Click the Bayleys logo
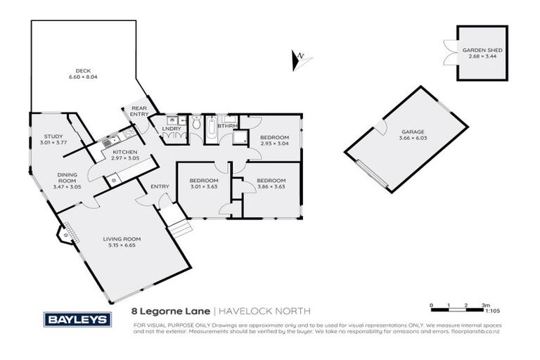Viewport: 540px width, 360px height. point(77,319)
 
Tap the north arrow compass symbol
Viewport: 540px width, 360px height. point(299,58)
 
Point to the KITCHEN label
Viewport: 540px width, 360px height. point(124,153)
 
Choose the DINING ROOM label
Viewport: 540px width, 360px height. point(67,176)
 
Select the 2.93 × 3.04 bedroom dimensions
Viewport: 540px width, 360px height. point(274,143)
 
